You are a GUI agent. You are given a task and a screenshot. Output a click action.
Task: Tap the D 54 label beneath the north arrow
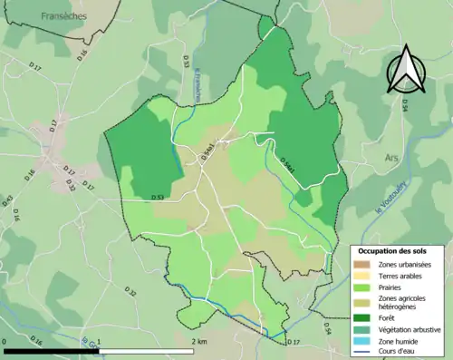(x=404, y=105)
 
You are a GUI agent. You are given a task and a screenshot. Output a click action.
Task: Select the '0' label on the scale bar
(x=5, y=341)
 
